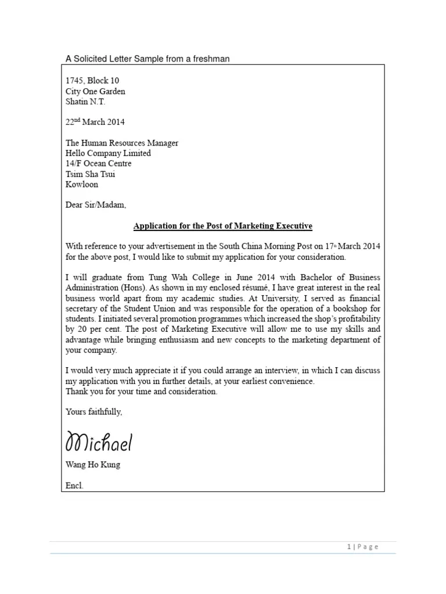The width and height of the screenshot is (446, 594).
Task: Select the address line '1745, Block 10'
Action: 92,81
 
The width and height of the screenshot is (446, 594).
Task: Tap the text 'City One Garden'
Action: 95,91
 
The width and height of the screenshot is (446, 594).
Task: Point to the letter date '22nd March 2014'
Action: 95,122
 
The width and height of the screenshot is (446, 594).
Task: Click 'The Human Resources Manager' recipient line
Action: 122,143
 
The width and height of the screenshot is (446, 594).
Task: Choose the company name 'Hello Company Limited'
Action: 108,154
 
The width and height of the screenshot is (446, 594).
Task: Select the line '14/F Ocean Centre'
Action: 99,164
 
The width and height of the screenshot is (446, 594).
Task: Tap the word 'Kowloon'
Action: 82,185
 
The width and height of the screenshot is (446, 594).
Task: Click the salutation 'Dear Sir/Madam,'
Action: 95,205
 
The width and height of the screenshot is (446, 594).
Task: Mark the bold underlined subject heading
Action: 223,226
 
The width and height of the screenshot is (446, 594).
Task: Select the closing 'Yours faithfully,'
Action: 94,412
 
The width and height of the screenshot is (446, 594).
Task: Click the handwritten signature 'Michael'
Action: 99,443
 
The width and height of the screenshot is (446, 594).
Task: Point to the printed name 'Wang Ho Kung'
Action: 93,465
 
